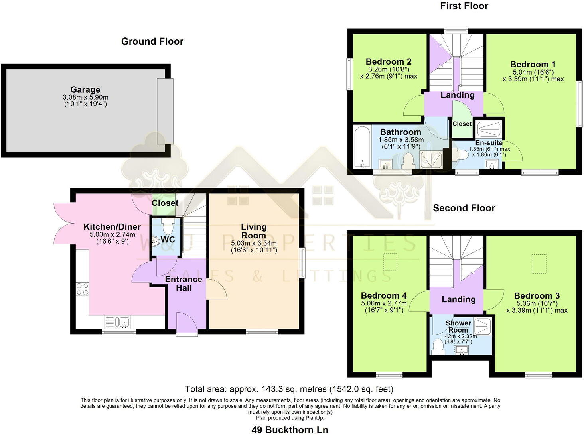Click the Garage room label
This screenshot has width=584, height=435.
click(x=85, y=90)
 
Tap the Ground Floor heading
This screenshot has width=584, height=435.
click(x=152, y=41)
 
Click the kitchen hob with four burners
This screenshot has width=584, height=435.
click(x=83, y=289)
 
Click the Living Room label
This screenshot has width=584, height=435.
click(x=254, y=231)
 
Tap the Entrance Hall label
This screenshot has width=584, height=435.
click(x=184, y=283)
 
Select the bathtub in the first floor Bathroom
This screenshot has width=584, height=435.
click(x=362, y=147)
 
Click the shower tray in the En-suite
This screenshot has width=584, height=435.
click(x=488, y=129)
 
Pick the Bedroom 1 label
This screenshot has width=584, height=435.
click(x=533, y=65)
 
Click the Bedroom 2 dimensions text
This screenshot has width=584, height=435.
click(x=389, y=73)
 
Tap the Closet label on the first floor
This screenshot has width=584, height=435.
click(x=462, y=124)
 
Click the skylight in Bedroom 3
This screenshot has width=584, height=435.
click(x=539, y=264)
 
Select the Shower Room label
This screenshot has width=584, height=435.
click(x=458, y=326)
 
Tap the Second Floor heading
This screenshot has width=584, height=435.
click(x=464, y=208)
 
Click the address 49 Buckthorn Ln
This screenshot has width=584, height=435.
click(x=290, y=429)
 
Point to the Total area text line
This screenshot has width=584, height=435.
click(x=289, y=389)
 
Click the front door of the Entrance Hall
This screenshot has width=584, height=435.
click(x=187, y=323)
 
